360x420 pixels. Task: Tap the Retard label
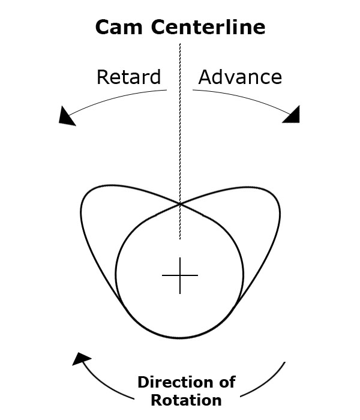coord(128,77)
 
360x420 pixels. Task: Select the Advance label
coord(240,77)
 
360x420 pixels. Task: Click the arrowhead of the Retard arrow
coord(67,116)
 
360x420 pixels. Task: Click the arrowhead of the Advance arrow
coord(292,115)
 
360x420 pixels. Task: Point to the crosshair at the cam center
coord(180,276)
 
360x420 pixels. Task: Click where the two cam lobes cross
coord(180,204)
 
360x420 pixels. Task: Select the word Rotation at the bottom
coord(186,400)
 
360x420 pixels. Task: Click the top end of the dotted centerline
coord(179,43)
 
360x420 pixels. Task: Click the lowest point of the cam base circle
coord(180,337)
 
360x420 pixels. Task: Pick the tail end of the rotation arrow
coord(284,362)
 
